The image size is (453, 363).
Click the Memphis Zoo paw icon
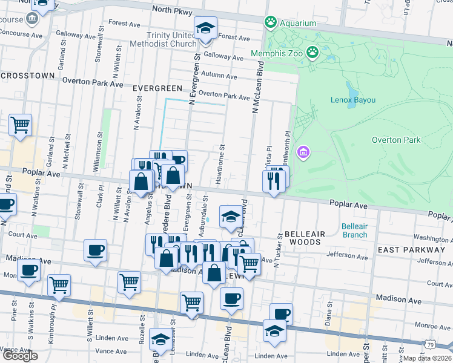(x=312, y=53)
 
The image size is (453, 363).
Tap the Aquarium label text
(x=298, y=23)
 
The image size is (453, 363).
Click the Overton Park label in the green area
(x=395, y=140)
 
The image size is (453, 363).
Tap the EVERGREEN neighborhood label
(x=157, y=88)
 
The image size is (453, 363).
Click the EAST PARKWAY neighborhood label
(x=411, y=249)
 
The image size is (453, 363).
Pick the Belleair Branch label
(x=354, y=230)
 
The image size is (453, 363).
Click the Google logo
(x=20, y=356)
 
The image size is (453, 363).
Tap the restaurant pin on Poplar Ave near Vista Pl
(x=273, y=180)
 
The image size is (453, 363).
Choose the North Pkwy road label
(x=172, y=11)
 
